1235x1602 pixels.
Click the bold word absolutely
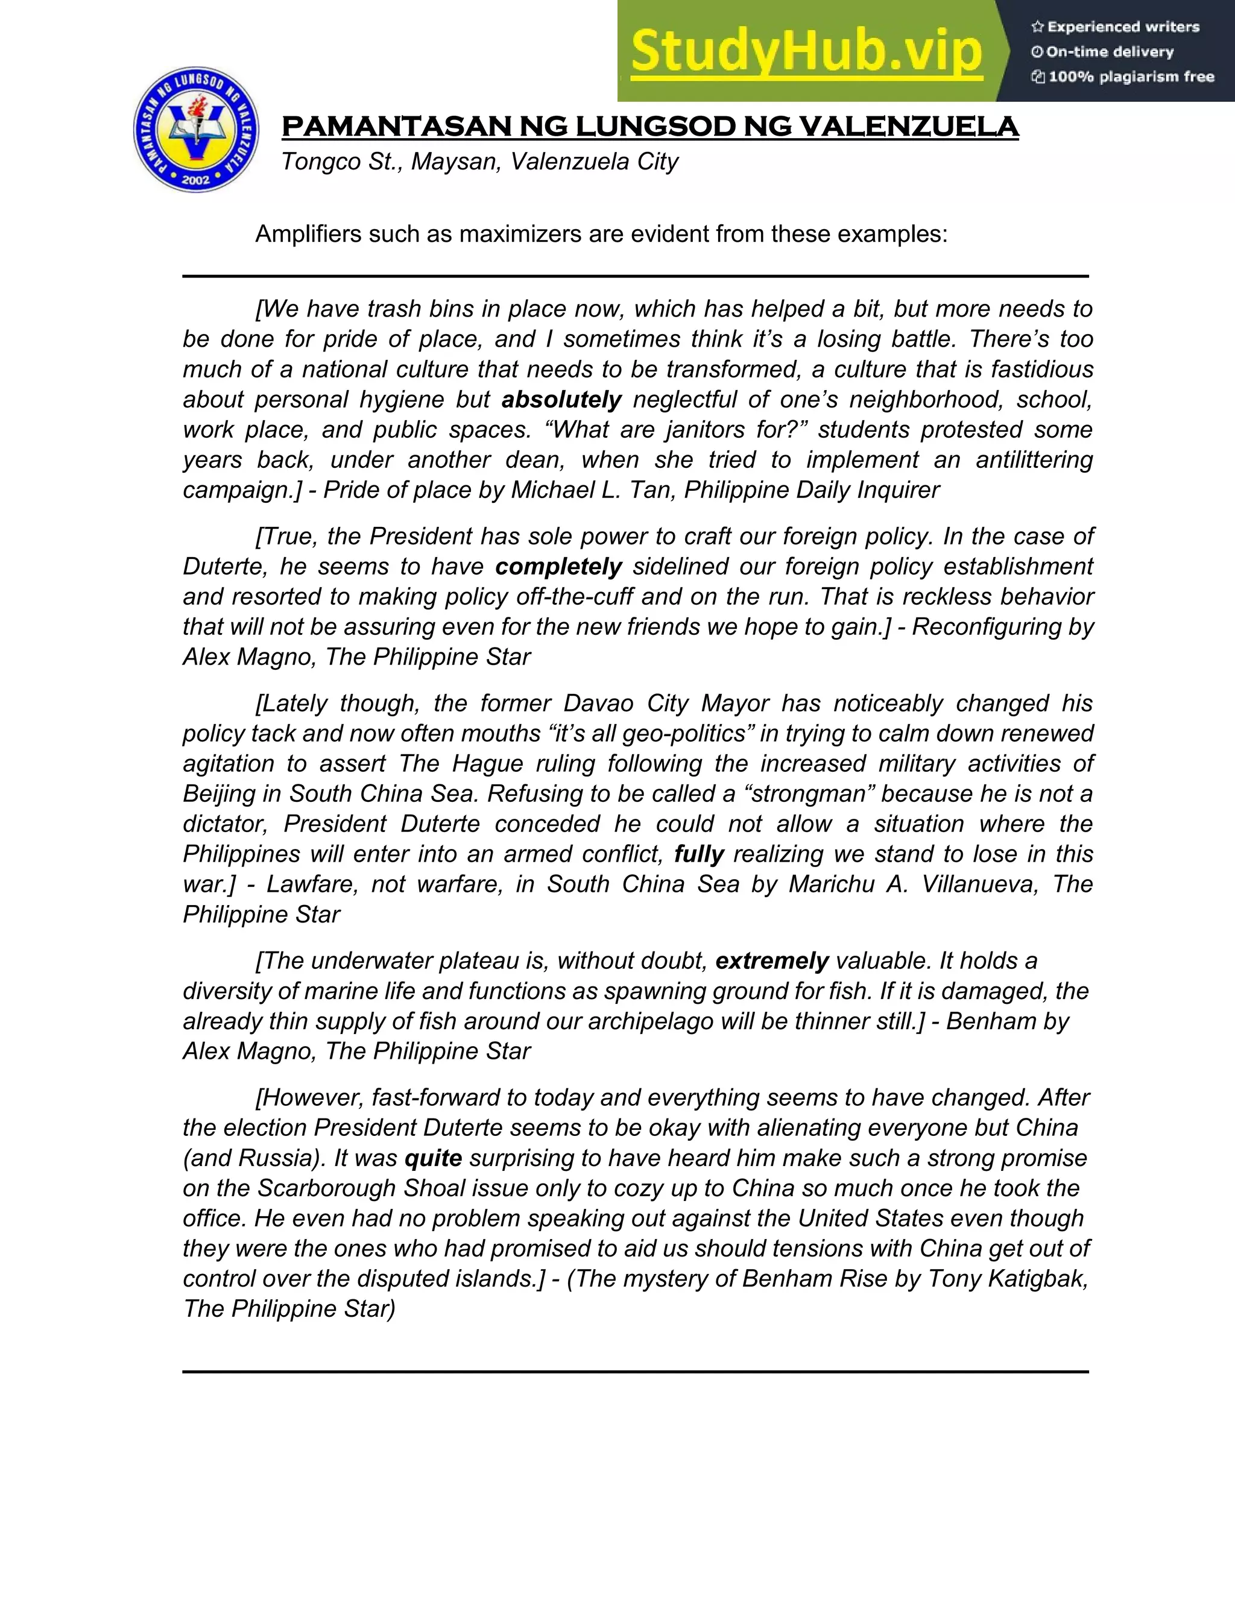pos(561,400)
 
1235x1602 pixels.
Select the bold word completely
pos(558,567)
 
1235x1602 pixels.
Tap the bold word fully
pos(700,854)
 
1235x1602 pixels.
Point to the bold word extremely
pos(772,962)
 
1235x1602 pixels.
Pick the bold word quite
pos(433,1158)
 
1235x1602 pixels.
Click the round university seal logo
pos(196,130)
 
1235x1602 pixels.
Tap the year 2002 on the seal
pos(196,179)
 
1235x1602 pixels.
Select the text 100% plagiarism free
pos(1131,77)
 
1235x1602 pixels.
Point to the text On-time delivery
pos(1110,52)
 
